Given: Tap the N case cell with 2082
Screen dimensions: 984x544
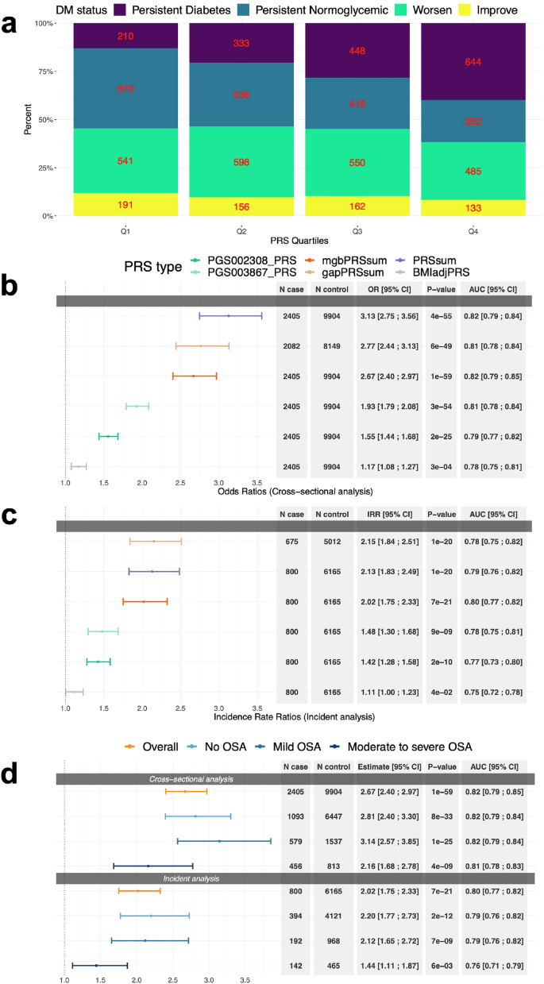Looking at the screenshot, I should tap(291, 346).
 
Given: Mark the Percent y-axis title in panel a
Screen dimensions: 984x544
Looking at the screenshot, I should tap(27, 119).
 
